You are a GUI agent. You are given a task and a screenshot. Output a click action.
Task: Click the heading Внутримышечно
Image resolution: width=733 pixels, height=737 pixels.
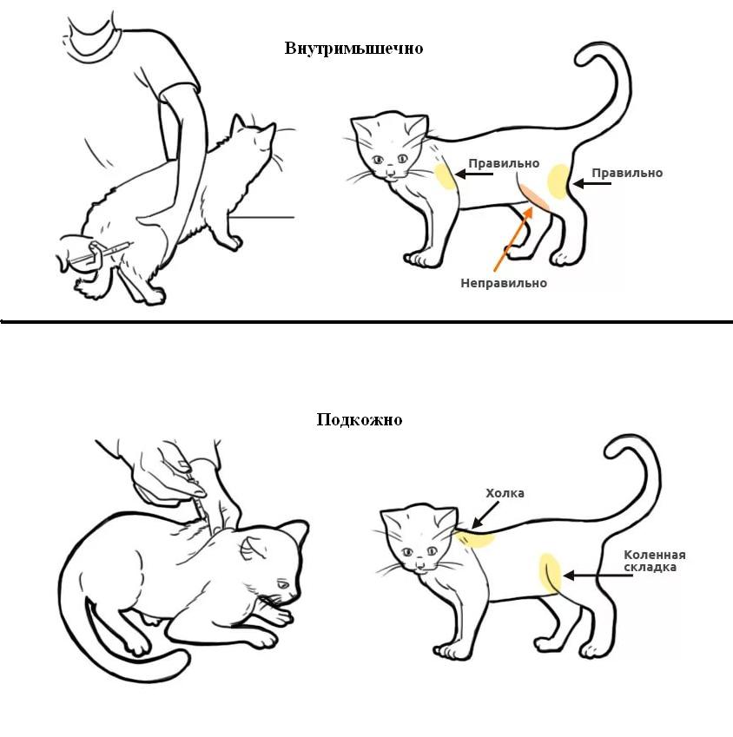pos(353,49)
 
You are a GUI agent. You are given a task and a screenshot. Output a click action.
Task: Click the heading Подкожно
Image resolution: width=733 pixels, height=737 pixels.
pos(360,419)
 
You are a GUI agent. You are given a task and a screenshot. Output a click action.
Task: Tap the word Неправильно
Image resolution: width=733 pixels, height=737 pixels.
pos(504,283)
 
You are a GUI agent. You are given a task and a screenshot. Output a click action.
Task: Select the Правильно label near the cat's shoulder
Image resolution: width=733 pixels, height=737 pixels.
pos(504,163)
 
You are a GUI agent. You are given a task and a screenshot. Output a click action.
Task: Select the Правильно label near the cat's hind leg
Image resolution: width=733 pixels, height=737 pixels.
pos(627,173)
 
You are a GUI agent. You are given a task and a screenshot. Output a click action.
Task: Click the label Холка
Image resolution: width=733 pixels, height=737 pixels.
pos(505,494)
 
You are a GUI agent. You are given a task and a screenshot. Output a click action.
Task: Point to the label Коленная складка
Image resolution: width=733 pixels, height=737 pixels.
pos(655,561)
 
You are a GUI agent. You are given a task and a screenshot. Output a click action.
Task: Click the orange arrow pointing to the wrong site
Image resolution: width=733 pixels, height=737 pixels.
pos(513,239)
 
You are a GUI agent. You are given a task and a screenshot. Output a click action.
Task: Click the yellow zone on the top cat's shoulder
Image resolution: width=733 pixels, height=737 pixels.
pos(445,176)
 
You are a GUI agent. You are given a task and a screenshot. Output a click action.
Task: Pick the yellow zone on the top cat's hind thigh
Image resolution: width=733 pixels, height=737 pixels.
pos(559,181)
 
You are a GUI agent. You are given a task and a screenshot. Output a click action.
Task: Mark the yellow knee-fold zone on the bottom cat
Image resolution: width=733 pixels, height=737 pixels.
pos(550,573)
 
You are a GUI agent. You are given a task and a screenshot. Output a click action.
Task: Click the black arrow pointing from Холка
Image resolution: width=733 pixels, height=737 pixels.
pos(485,515)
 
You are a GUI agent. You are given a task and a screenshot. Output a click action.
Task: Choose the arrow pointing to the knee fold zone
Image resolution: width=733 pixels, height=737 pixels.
pos(598,576)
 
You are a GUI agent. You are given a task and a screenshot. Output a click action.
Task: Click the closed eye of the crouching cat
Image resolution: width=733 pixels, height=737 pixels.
pos(283,584)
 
